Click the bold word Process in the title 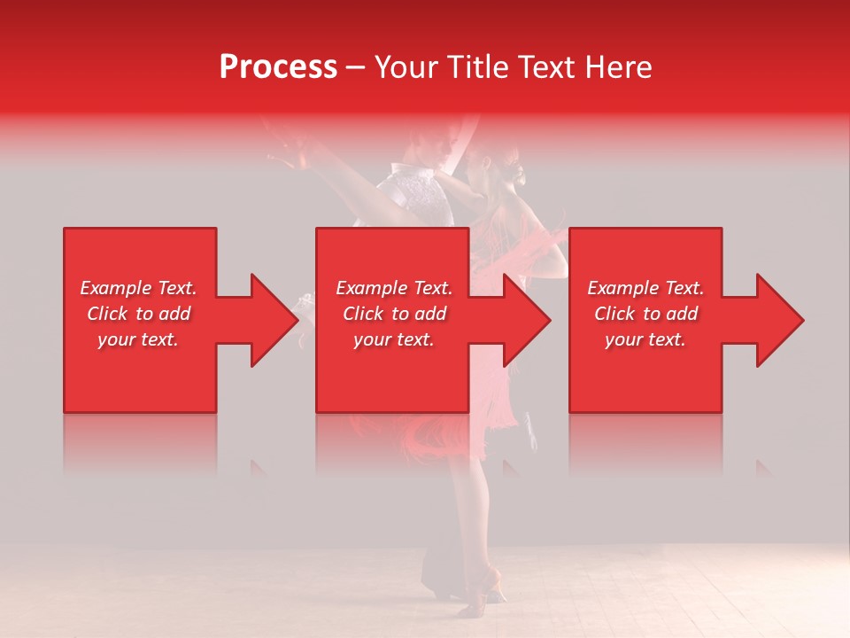(278, 66)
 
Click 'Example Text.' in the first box (138, 288)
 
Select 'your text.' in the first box (138, 339)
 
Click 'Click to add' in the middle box (394, 314)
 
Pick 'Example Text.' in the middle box (394, 288)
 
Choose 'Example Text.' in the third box (645, 288)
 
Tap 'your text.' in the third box (645, 339)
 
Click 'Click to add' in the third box (645, 314)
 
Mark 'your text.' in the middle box (394, 339)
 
